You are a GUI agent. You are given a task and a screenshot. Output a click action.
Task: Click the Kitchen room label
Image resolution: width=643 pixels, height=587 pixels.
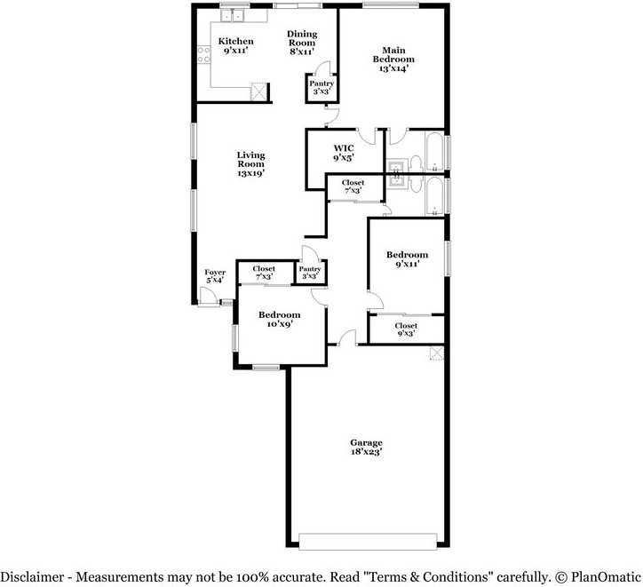point(235,46)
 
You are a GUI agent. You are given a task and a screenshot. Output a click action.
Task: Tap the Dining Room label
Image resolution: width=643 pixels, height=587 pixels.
point(301,43)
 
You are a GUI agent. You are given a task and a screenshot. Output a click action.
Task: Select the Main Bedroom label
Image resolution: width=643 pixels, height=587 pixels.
point(393,59)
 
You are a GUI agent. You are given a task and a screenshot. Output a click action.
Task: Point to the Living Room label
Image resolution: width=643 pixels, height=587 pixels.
point(250,164)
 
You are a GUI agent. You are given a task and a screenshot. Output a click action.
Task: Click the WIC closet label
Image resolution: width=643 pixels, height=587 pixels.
point(344,153)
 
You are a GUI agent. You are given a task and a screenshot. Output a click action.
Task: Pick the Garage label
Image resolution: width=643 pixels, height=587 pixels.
point(366,447)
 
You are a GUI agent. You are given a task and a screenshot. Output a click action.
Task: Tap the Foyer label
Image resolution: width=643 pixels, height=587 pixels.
point(215,276)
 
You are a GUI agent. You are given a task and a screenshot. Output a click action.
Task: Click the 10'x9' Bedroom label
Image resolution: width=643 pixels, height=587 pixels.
point(279,320)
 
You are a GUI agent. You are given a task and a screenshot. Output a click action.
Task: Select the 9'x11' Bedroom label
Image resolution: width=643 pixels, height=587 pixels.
point(407,258)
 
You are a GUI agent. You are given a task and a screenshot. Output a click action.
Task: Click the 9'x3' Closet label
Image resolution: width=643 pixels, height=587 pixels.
point(405,329)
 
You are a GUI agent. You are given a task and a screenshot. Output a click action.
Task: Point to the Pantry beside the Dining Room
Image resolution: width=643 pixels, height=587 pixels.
point(321,87)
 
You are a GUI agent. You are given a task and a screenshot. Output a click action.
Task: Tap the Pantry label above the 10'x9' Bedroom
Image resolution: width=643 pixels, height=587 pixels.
point(310,273)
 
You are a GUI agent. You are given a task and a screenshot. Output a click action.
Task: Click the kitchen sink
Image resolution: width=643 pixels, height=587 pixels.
point(232,15)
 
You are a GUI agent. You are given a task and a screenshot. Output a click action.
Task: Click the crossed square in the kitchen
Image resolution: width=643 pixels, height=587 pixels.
point(259,91)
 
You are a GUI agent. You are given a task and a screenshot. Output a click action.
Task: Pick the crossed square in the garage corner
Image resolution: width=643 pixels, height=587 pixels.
point(436,353)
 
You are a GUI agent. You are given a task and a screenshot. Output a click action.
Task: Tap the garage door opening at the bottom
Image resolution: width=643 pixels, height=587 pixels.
point(368,541)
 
